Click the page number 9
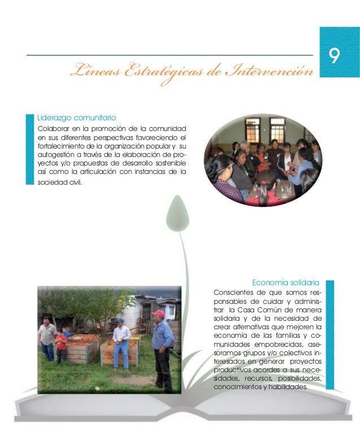point(335,56)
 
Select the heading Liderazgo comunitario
point(76,117)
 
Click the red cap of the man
point(159,313)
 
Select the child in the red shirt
point(60,345)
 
